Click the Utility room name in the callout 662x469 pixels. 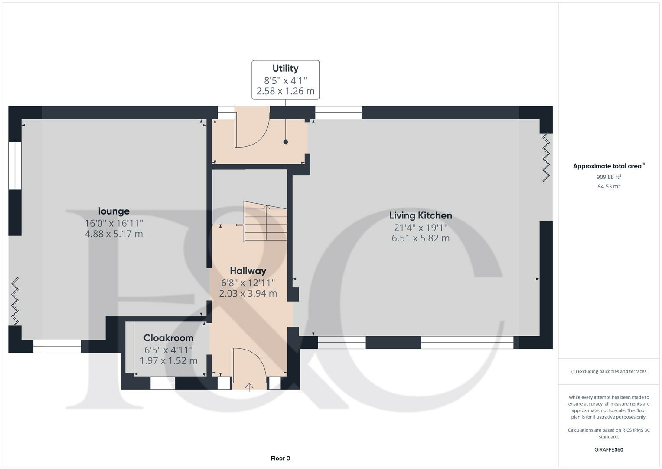[x=285, y=68]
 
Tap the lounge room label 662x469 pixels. [x=114, y=211]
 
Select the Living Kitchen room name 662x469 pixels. [x=421, y=215]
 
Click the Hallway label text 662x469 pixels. [x=248, y=271]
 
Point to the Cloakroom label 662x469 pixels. [x=168, y=338]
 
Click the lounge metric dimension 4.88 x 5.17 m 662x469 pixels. [x=114, y=234]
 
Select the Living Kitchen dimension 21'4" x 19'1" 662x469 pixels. [x=421, y=227]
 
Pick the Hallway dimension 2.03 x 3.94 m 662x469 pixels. [x=248, y=293]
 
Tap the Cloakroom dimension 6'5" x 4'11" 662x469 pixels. [x=168, y=350]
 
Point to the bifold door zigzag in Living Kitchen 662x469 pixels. [x=546, y=158]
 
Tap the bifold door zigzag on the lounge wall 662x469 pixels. [x=15, y=301]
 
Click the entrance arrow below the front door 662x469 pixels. [x=249, y=387]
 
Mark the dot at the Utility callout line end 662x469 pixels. [x=285, y=142]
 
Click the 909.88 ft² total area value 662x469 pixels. [x=609, y=177]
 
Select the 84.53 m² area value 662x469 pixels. [x=609, y=186]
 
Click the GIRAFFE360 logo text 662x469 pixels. [x=609, y=449]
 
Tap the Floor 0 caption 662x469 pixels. [x=280, y=458]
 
